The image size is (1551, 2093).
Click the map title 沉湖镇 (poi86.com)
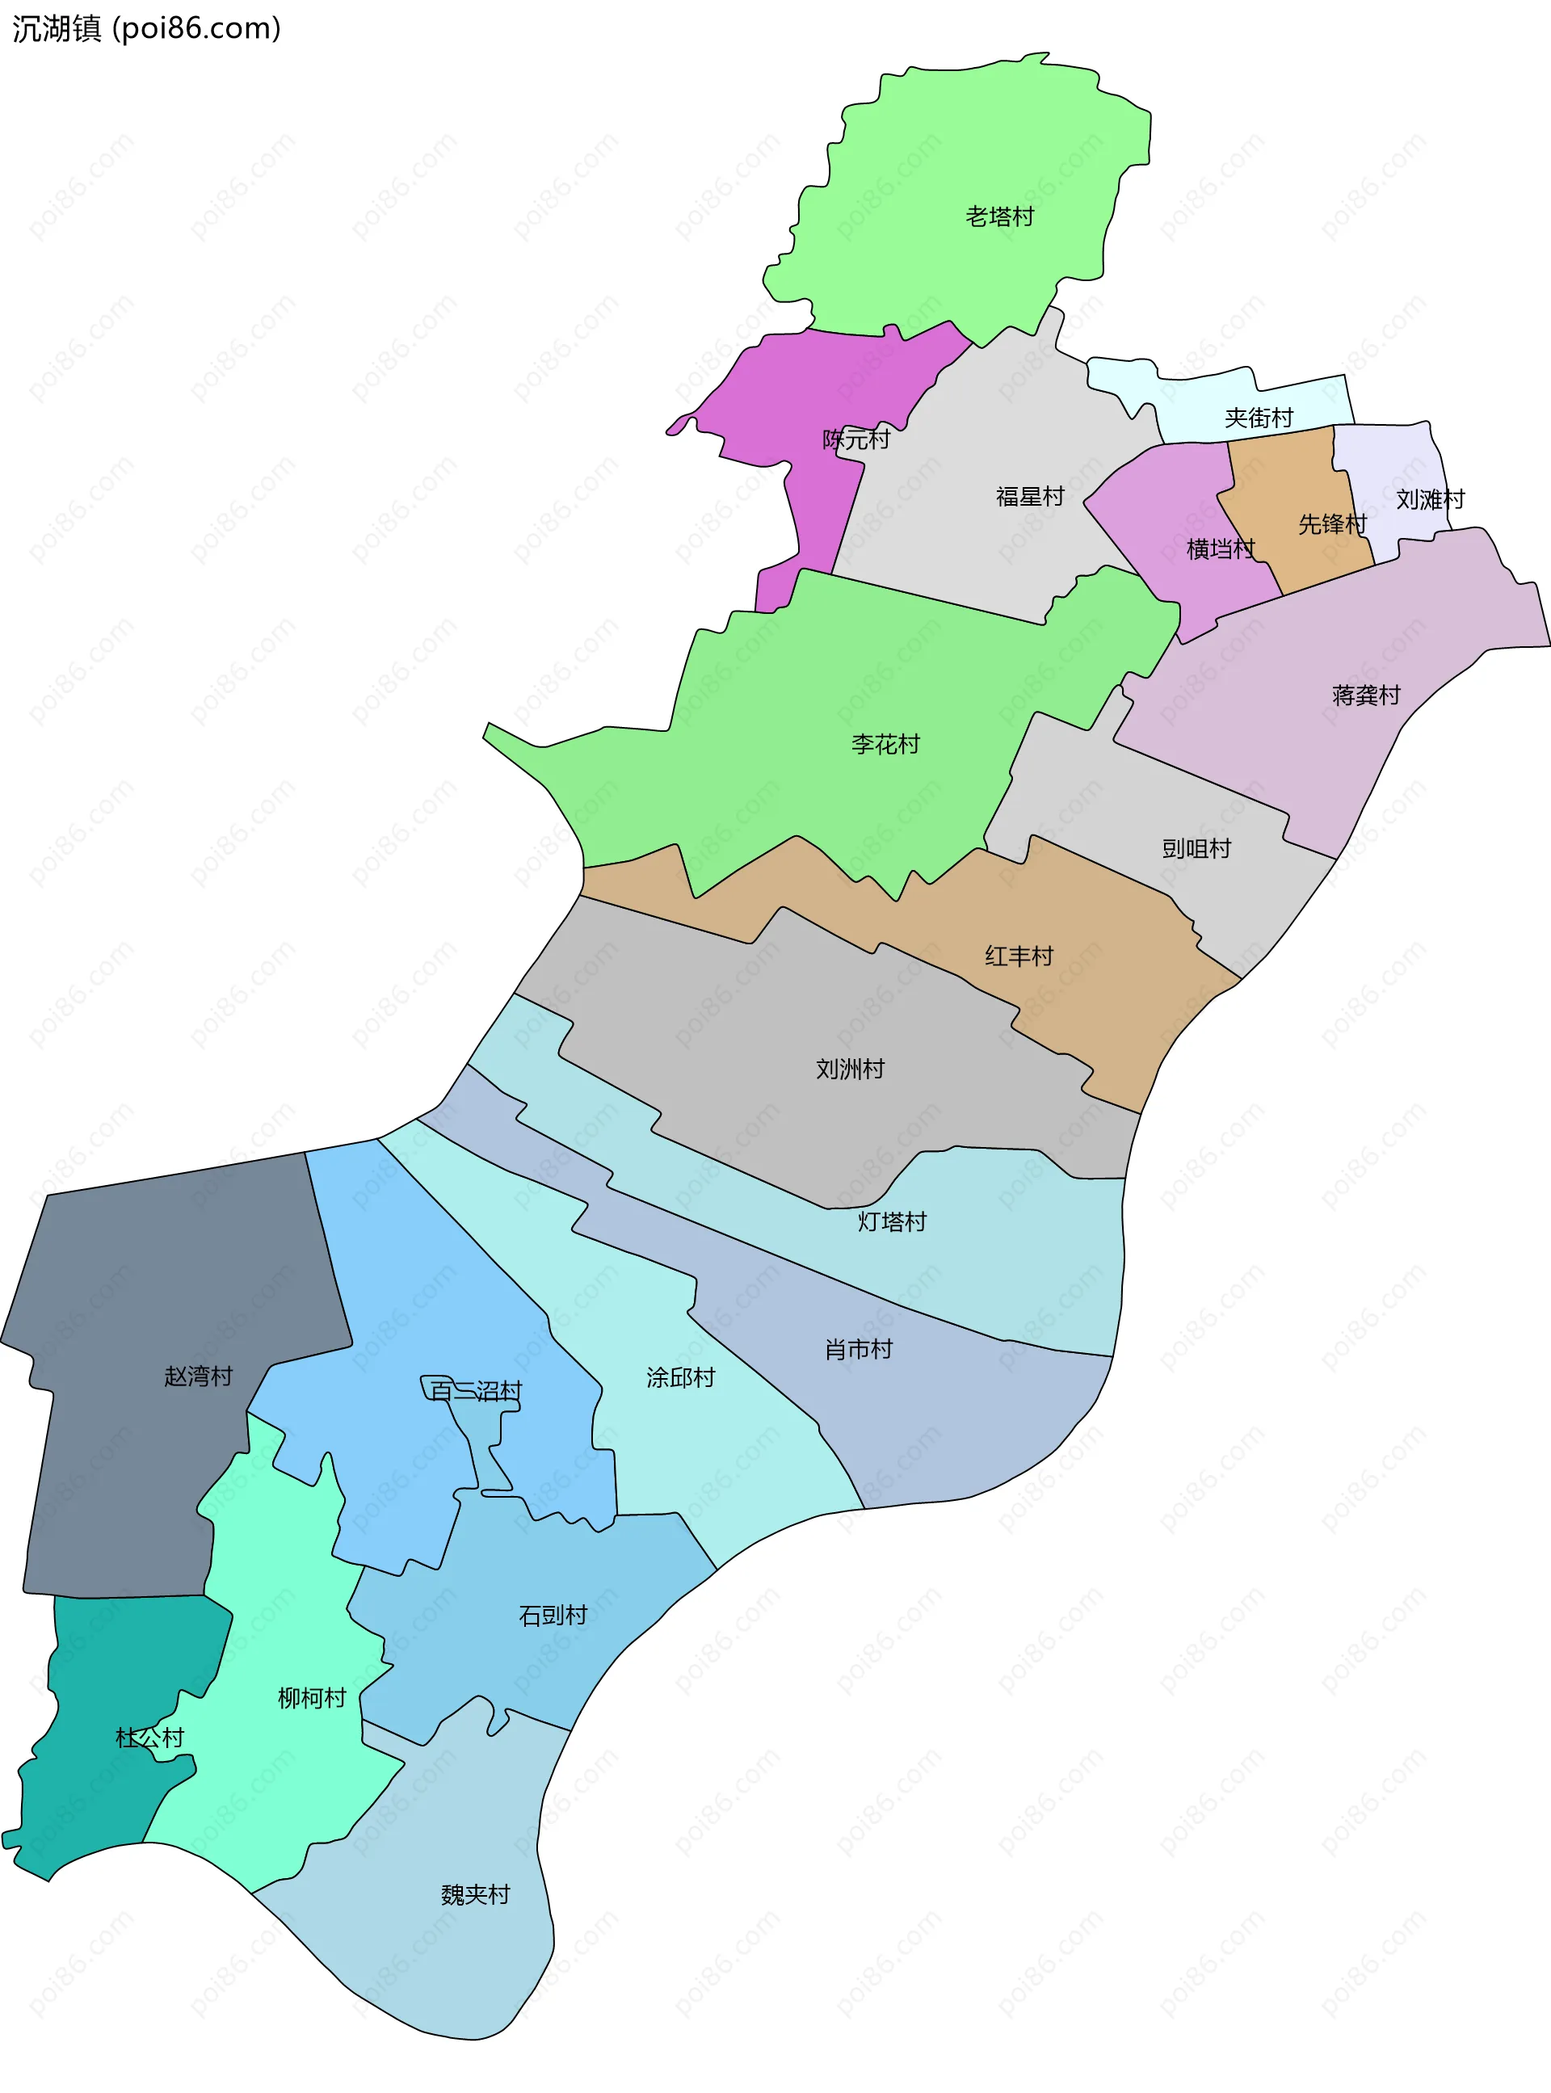[x=146, y=29]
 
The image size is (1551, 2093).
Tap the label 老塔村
[x=1000, y=216]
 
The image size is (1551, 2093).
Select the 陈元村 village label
[x=856, y=439]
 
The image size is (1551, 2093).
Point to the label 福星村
[x=1030, y=497]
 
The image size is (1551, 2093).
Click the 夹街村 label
[x=1259, y=418]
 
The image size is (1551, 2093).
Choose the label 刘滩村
[x=1430, y=499]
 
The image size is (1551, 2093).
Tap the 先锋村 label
[x=1332, y=523]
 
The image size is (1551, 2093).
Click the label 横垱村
[x=1221, y=549]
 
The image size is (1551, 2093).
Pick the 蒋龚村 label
[x=1366, y=696]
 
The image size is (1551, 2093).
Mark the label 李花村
[x=885, y=744]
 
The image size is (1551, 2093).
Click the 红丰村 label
[x=1019, y=956]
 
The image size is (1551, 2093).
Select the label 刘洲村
[x=850, y=1069]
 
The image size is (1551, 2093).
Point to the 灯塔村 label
[x=892, y=1221]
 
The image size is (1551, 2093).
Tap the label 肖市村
[x=858, y=1350]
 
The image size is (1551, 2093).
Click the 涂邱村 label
[x=681, y=1378]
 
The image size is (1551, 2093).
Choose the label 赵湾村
[x=198, y=1376]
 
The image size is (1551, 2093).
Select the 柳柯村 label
[x=312, y=1698]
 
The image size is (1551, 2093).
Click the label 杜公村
[x=149, y=1738]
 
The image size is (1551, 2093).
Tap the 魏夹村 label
[x=475, y=1895]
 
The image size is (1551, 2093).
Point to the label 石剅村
[x=553, y=1616]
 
